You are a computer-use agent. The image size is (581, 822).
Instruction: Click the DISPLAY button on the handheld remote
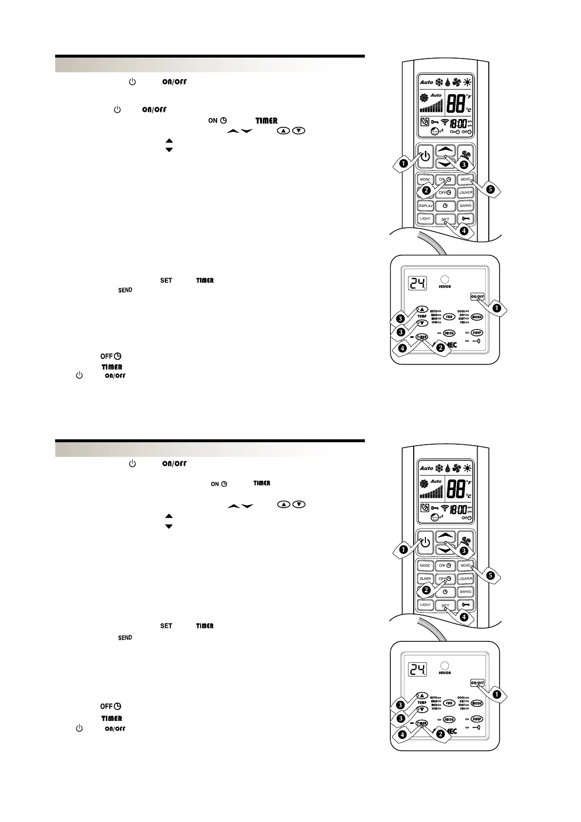pyautogui.click(x=425, y=205)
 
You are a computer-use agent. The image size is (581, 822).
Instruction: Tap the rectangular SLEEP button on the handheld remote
pyautogui.click(x=425, y=578)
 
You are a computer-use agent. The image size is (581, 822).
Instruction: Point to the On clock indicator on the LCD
pyautogui.click(x=454, y=132)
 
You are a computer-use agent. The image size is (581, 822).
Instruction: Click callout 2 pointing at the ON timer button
pyautogui.click(x=426, y=190)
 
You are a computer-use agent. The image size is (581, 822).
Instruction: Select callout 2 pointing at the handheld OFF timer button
pyautogui.click(x=426, y=590)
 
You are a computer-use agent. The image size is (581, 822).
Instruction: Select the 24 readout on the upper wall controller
pyautogui.click(x=418, y=283)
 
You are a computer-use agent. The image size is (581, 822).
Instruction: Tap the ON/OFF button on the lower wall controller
pyautogui.click(x=477, y=683)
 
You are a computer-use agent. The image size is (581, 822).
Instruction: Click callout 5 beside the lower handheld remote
pyautogui.click(x=490, y=575)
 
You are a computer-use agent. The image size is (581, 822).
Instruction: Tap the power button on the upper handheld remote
pyautogui.click(x=425, y=156)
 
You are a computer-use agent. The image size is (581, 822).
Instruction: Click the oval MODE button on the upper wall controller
pyautogui.click(x=477, y=317)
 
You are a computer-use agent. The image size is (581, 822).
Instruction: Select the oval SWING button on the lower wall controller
pyautogui.click(x=449, y=719)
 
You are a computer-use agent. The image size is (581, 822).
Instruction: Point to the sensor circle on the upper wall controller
pyautogui.click(x=444, y=280)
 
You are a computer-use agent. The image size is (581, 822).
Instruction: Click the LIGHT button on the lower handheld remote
pyautogui.click(x=425, y=604)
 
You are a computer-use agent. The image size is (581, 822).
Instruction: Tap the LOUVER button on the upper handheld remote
pyautogui.click(x=465, y=192)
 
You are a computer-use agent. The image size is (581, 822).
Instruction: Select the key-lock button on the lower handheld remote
pyautogui.click(x=465, y=604)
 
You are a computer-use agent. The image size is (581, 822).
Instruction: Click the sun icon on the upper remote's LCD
pyautogui.click(x=468, y=82)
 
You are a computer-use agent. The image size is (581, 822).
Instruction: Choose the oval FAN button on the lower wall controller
pyautogui.click(x=449, y=703)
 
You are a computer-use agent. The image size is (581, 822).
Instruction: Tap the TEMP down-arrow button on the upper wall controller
pyautogui.click(x=422, y=323)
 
